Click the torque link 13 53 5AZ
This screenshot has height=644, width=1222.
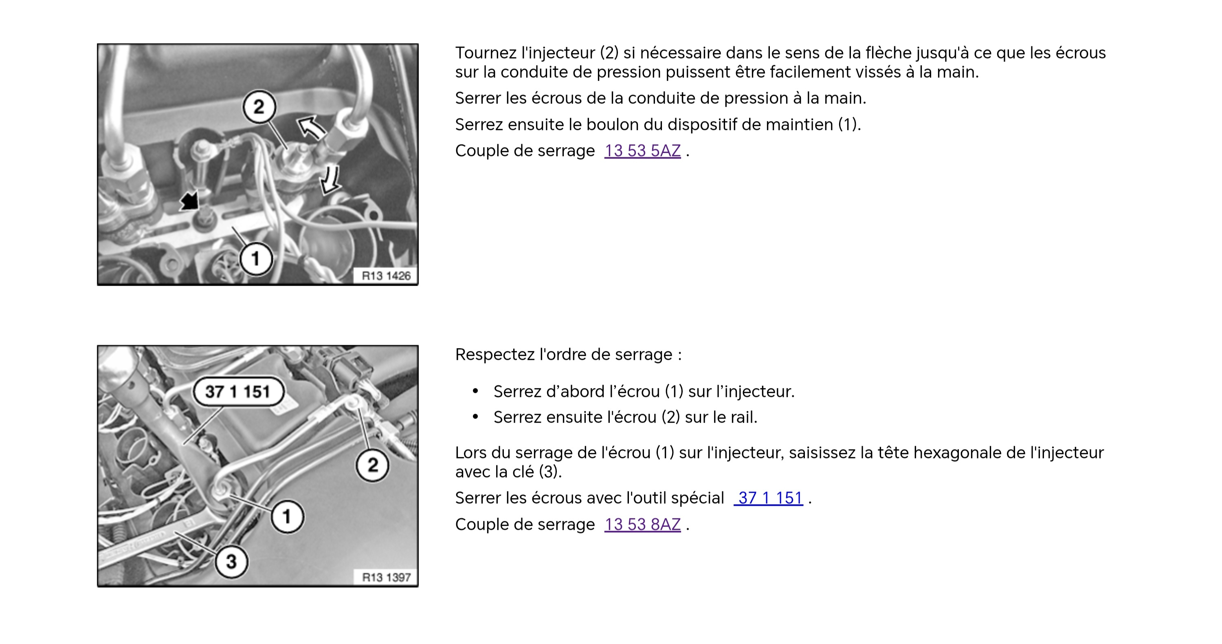coord(642,151)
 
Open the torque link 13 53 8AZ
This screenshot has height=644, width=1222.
coord(642,525)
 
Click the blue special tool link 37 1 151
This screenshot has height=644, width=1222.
coord(769,498)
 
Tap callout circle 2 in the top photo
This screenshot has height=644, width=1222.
coord(259,107)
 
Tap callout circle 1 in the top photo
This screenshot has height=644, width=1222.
coord(256,259)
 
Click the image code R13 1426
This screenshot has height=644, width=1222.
coord(386,276)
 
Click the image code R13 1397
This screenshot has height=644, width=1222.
coord(386,577)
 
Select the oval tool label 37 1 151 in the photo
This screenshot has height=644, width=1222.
coord(238,392)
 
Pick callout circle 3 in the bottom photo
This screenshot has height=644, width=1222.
coord(231,561)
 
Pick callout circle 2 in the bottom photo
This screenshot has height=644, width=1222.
coord(373,465)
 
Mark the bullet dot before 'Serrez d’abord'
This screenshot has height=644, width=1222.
coord(475,392)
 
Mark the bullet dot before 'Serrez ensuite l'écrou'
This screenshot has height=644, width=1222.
coord(475,417)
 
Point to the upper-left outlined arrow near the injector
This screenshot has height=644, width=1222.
coord(311,127)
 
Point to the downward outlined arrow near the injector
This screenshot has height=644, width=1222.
coord(331,179)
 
